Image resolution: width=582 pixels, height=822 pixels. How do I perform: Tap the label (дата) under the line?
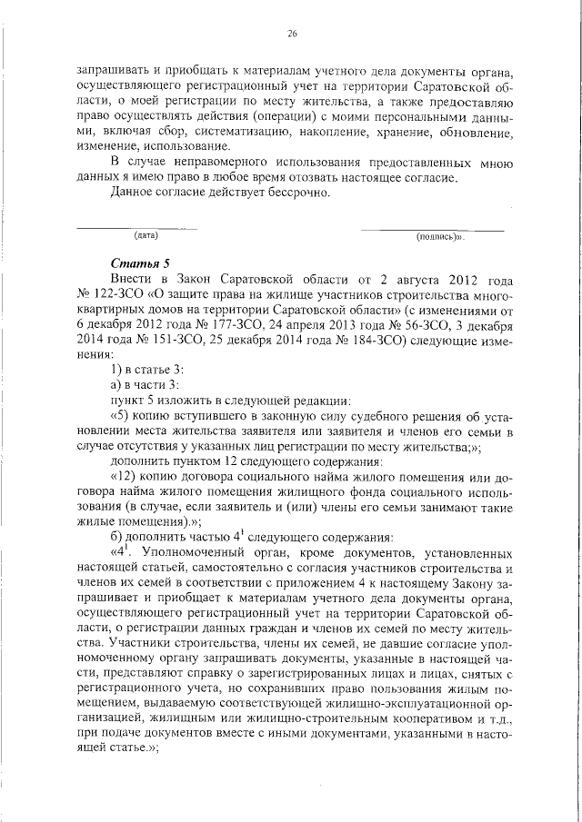pos(146,236)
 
